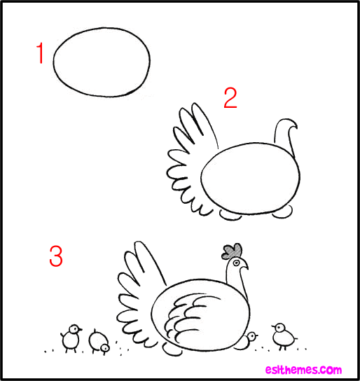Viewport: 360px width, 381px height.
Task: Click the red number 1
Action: (40, 53)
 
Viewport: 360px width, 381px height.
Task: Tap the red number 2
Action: (230, 98)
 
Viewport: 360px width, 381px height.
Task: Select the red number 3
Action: (56, 256)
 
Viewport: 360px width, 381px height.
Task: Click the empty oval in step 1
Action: (54, 62)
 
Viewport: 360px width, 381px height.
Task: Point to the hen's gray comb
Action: (232, 251)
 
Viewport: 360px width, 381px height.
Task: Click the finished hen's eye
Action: (236, 263)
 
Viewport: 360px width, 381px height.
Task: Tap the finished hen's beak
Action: (245, 265)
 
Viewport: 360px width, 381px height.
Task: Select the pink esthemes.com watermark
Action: (303, 370)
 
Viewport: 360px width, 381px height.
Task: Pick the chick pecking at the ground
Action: (99, 342)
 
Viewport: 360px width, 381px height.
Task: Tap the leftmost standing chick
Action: (71, 338)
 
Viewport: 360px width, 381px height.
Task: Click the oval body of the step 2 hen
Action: (201, 179)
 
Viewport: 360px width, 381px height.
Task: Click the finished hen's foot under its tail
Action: (172, 350)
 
